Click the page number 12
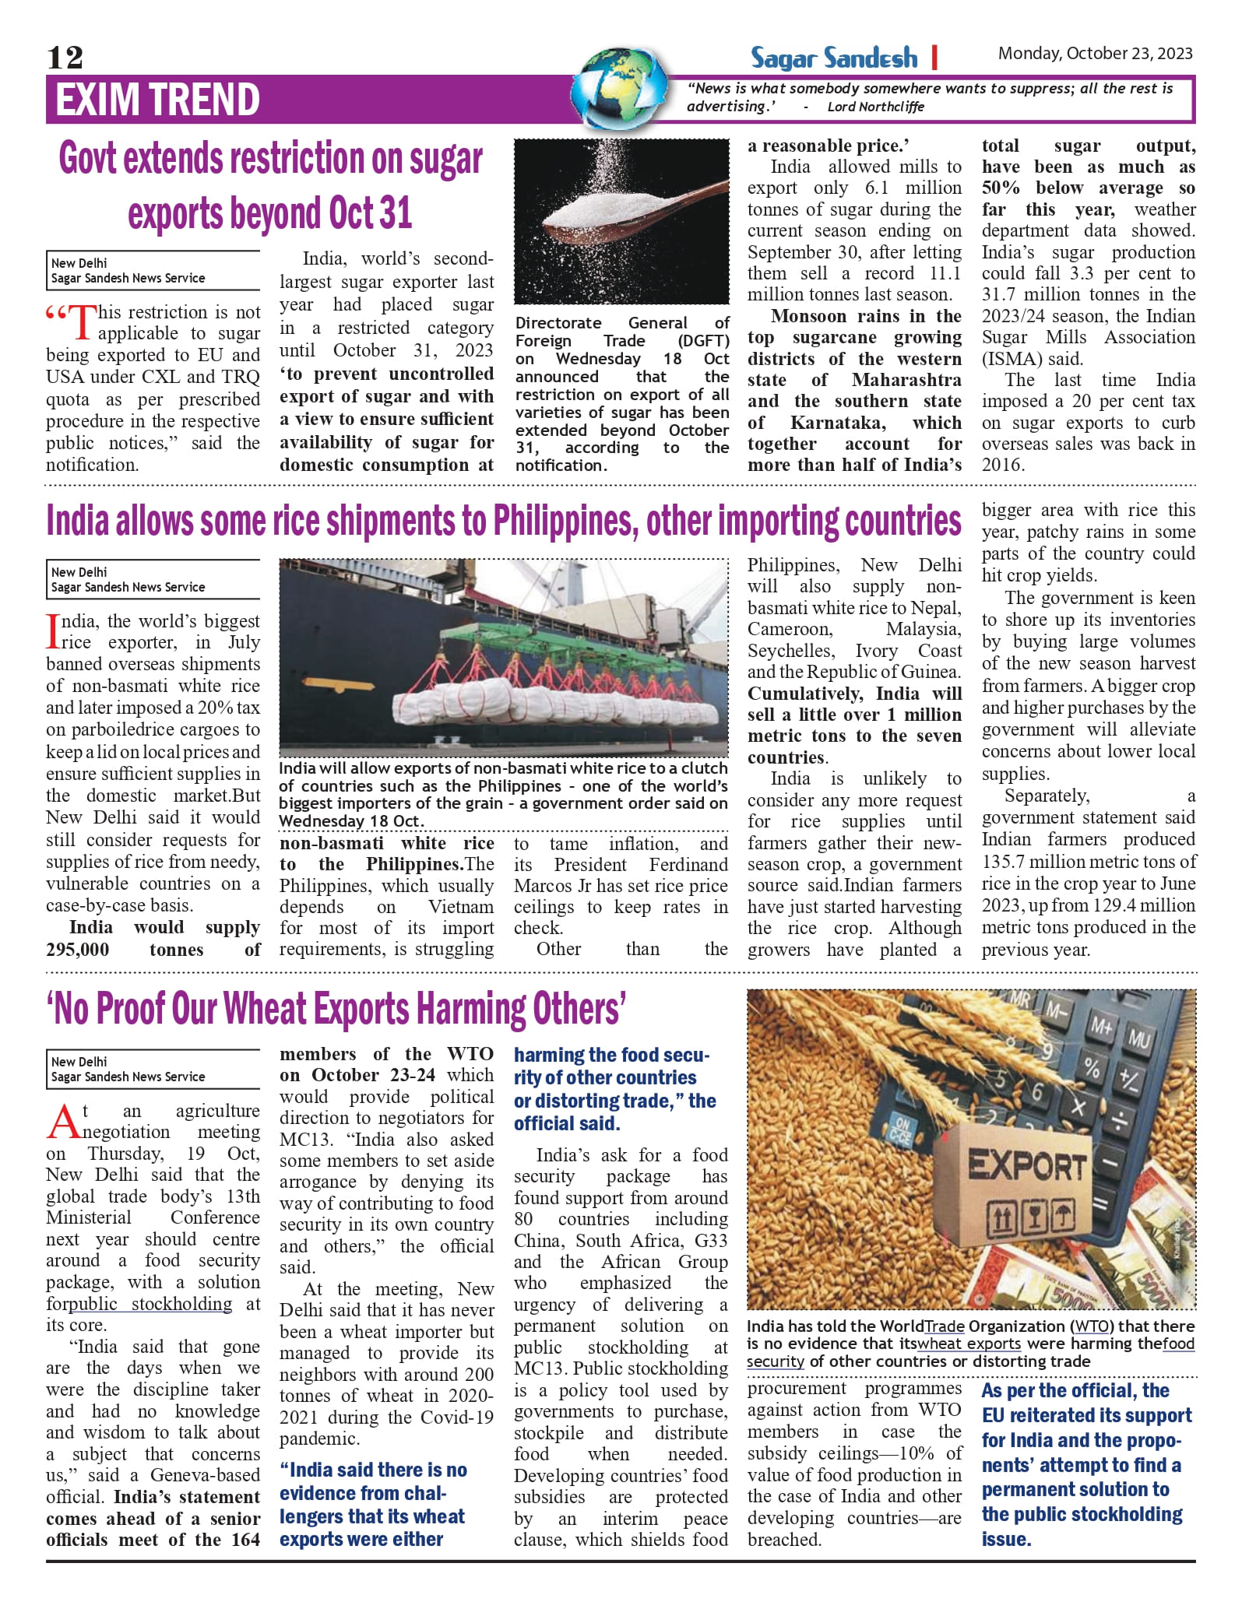pos(65,57)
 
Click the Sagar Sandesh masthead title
pos(833,58)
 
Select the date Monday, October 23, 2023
pos(1095,53)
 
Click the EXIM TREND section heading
pos(157,100)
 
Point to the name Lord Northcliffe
pos(875,107)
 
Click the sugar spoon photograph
pos(621,222)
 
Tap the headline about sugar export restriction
pos(270,185)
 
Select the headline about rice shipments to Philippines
pos(503,521)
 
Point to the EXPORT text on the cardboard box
pos(1026,1165)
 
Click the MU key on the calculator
pos(1139,1038)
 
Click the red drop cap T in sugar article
pos(83,322)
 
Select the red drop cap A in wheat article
pos(63,1122)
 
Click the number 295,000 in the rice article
pos(78,950)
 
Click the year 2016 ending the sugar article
pos(1003,465)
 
